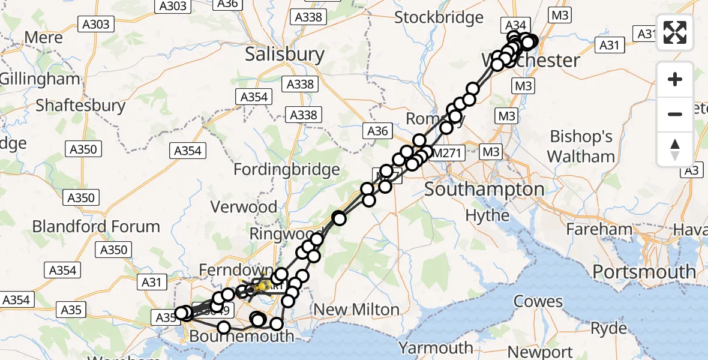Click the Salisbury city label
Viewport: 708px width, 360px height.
pyautogui.click(x=284, y=55)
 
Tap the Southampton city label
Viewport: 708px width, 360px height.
pyautogui.click(x=484, y=190)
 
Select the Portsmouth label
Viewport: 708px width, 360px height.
pyautogui.click(x=644, y=272)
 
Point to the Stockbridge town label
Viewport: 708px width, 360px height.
pyautogui.click(x=439, y=17)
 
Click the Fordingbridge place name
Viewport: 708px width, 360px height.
pyautogui.click(x=286, y=170)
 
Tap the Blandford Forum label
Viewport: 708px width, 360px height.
pyautogui.click(x=96, y=227)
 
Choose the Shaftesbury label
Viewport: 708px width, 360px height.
pyautogui.click(x=80, y=106)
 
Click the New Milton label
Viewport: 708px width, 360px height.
pyautogui.click(x=356, y=310)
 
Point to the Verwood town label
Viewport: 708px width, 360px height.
pyautogui.click(x=243, y=207)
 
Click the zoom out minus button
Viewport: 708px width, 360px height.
pyautogui.click(x=675, y=114)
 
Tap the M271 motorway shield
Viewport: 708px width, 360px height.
pyautogui.click(x=446, y=153)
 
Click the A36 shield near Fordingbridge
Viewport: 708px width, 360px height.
pyautogui.click(x=377, y=131)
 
